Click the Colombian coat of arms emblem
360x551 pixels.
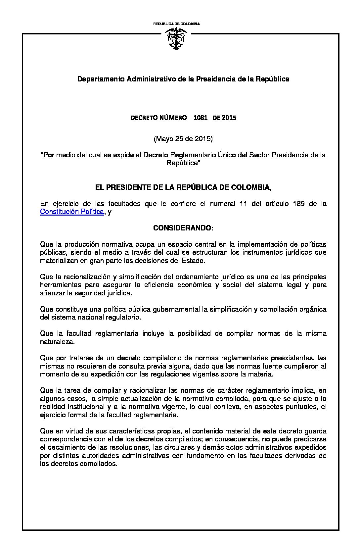[x=176, y=39]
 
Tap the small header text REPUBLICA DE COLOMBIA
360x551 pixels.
[x=176, y=24]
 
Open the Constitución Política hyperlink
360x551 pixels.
[x=72, y=212]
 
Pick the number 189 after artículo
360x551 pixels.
[x=298, y=204]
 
